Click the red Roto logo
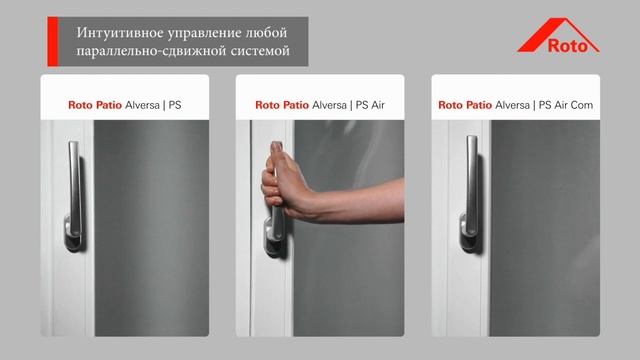click(x=558, y=36)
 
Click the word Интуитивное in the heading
click(x=120, y=33)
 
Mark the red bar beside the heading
click(x=53, y=41)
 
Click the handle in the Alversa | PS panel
click(x=74, y=195)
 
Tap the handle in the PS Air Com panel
click(x=470, y=193)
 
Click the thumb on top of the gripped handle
click(x=277, y=152)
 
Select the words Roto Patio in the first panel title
click(x=95, y=105)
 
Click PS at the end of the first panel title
click(x=175, y=105)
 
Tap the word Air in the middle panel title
click(x=378, y=105)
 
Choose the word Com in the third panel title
click(x=582, y=105)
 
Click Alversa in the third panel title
click(x=512, y=105)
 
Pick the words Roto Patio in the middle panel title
click(x=282, y=105)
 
